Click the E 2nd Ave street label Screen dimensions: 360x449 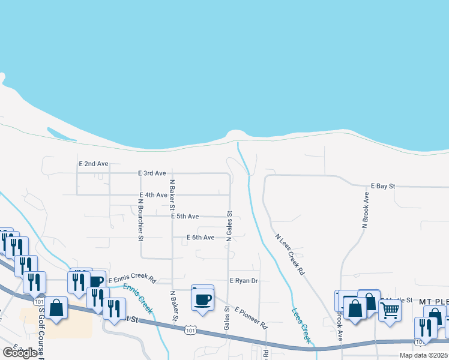coord(93,163)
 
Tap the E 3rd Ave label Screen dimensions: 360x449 coord(151,173)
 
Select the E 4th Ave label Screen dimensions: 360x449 coord(152,195)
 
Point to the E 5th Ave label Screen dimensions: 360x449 coord(184,216)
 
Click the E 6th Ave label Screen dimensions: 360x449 coord(200,238)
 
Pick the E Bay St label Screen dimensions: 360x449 coord(382,187)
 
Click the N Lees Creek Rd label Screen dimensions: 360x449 coord(291,254)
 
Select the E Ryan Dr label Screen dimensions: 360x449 coord(244,280)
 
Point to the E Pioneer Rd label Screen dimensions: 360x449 coord(251,318)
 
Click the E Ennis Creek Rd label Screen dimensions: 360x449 coord(132,280)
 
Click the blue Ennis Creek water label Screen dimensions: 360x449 coord(137,298)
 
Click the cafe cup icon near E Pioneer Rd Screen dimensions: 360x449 coord(203,299)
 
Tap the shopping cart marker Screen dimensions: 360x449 coord(390,311)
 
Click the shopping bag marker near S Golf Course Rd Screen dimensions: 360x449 coord(56,308)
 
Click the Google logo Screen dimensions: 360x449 coord(19,353)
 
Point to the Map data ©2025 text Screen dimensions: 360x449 coord(423,355)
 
